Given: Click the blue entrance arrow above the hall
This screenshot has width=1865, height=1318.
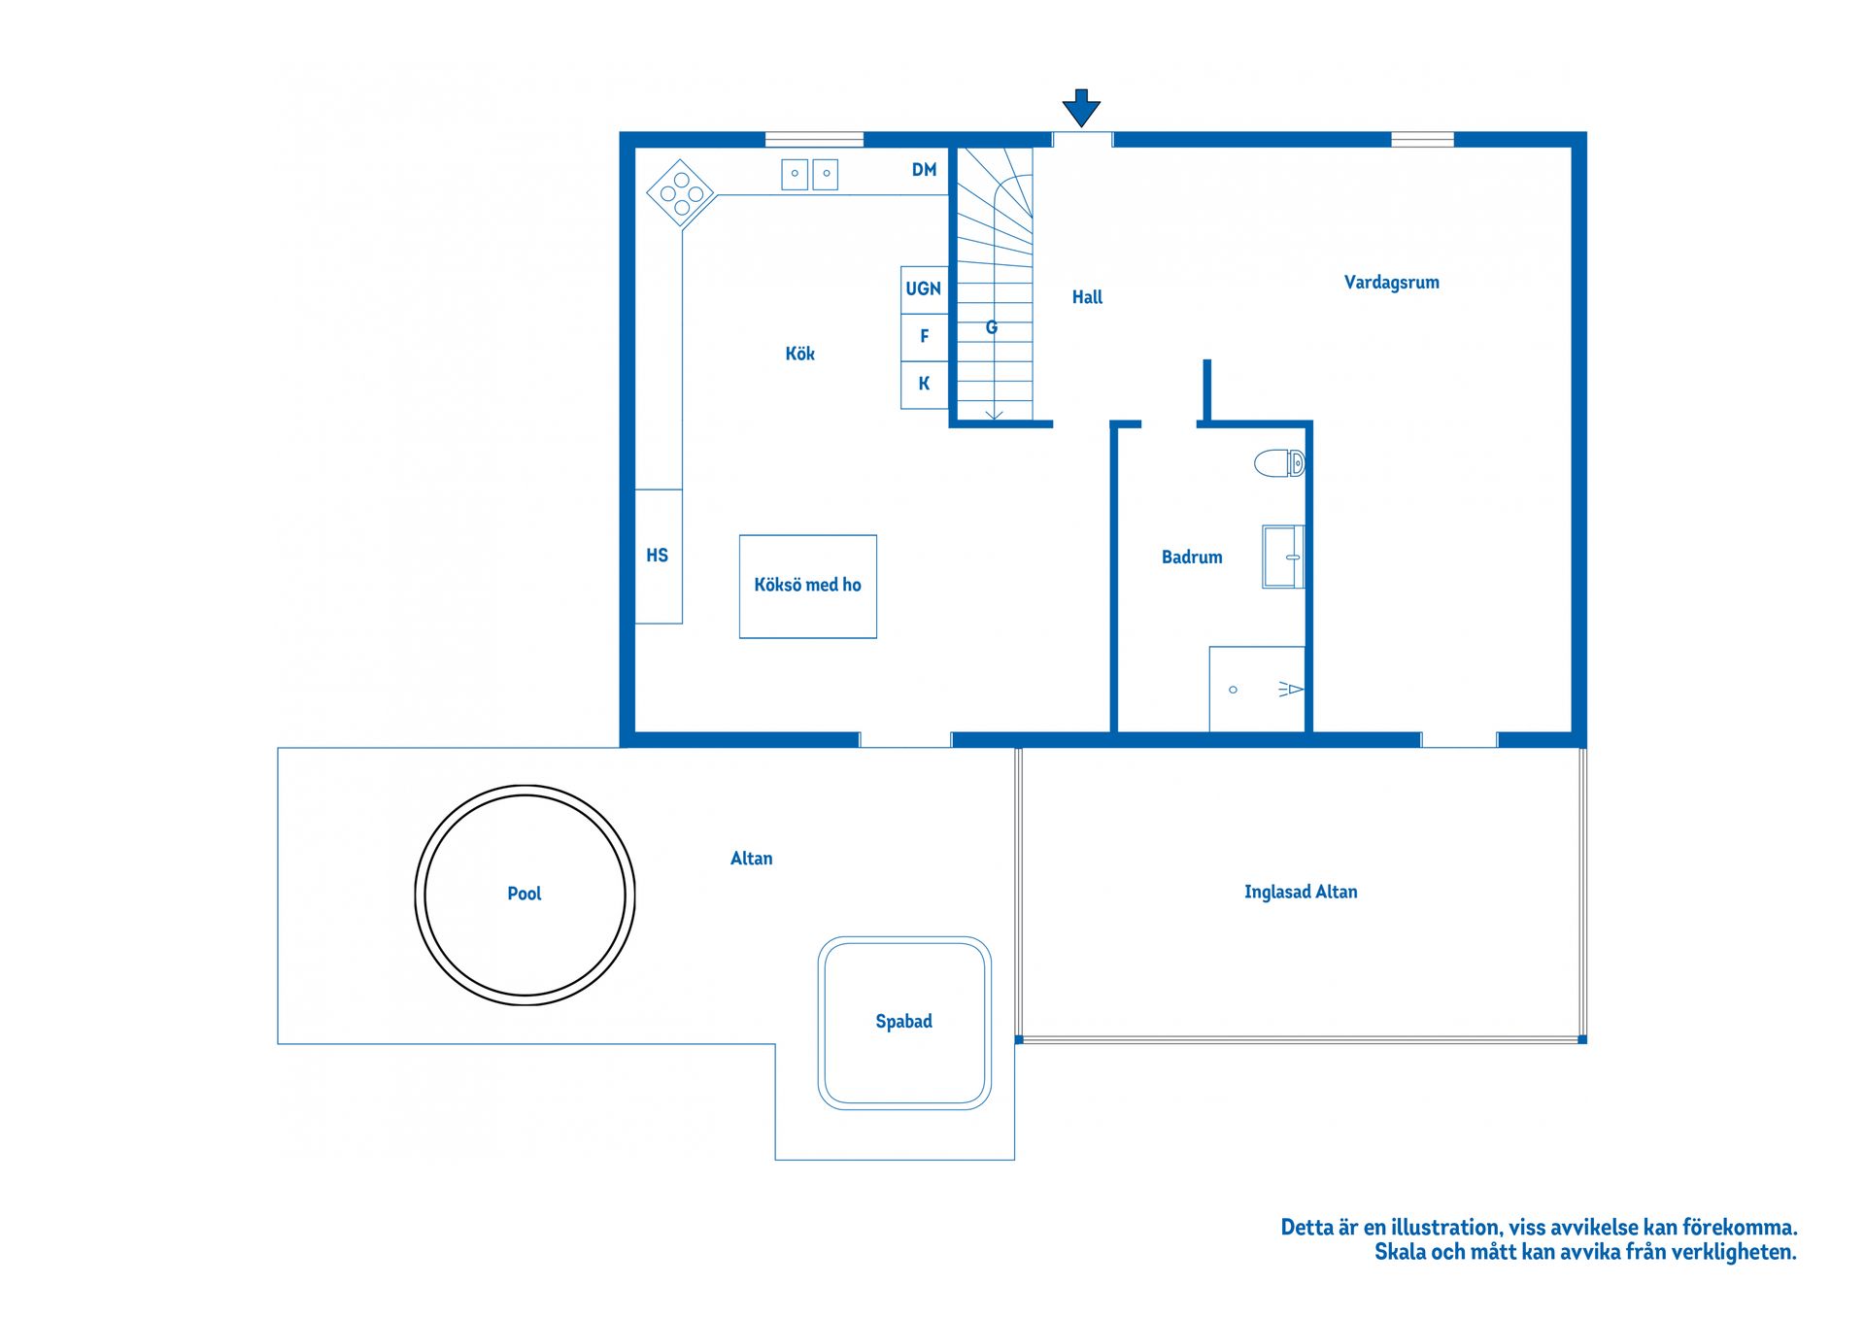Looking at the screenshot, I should (x=1080, y=107).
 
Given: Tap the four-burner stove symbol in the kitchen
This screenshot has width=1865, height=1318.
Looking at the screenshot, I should (x=681, y=194).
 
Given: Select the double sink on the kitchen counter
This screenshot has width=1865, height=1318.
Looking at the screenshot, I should (x=809, y=174).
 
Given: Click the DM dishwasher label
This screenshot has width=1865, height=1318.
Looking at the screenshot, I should (x=924, y=170).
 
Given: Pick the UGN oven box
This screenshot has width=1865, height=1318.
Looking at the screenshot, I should (x=924, y=289).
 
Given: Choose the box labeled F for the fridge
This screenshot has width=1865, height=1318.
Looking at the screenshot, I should (x=924, y=336).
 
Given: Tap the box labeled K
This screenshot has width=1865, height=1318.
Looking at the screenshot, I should (x=924, y=384).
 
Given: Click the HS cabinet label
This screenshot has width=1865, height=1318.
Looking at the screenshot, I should (x=658, y=556).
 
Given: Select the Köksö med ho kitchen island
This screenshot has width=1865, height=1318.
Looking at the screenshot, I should (x=807, y=586).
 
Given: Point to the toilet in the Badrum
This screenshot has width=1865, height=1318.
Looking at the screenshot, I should (x=1278, y=463).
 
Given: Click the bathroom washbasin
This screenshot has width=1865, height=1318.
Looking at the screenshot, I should (x=1282, y=557).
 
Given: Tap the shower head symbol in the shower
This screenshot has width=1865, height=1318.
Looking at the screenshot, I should (x=1290, y=689).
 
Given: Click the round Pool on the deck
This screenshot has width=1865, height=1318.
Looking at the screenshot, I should (x=525, y=895).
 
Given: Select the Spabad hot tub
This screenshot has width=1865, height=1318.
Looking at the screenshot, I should (x=904, y=1023).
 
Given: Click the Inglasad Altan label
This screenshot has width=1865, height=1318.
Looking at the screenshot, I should (x=1301, y=892).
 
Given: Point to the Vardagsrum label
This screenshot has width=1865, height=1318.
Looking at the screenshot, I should (x=1391, y=283).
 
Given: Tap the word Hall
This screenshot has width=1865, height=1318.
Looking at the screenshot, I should (x=1087, y=297).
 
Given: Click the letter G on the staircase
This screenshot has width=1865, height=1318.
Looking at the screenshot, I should (x=992, y=327).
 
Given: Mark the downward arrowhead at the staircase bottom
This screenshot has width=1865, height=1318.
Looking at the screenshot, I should (x=994, y=415).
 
